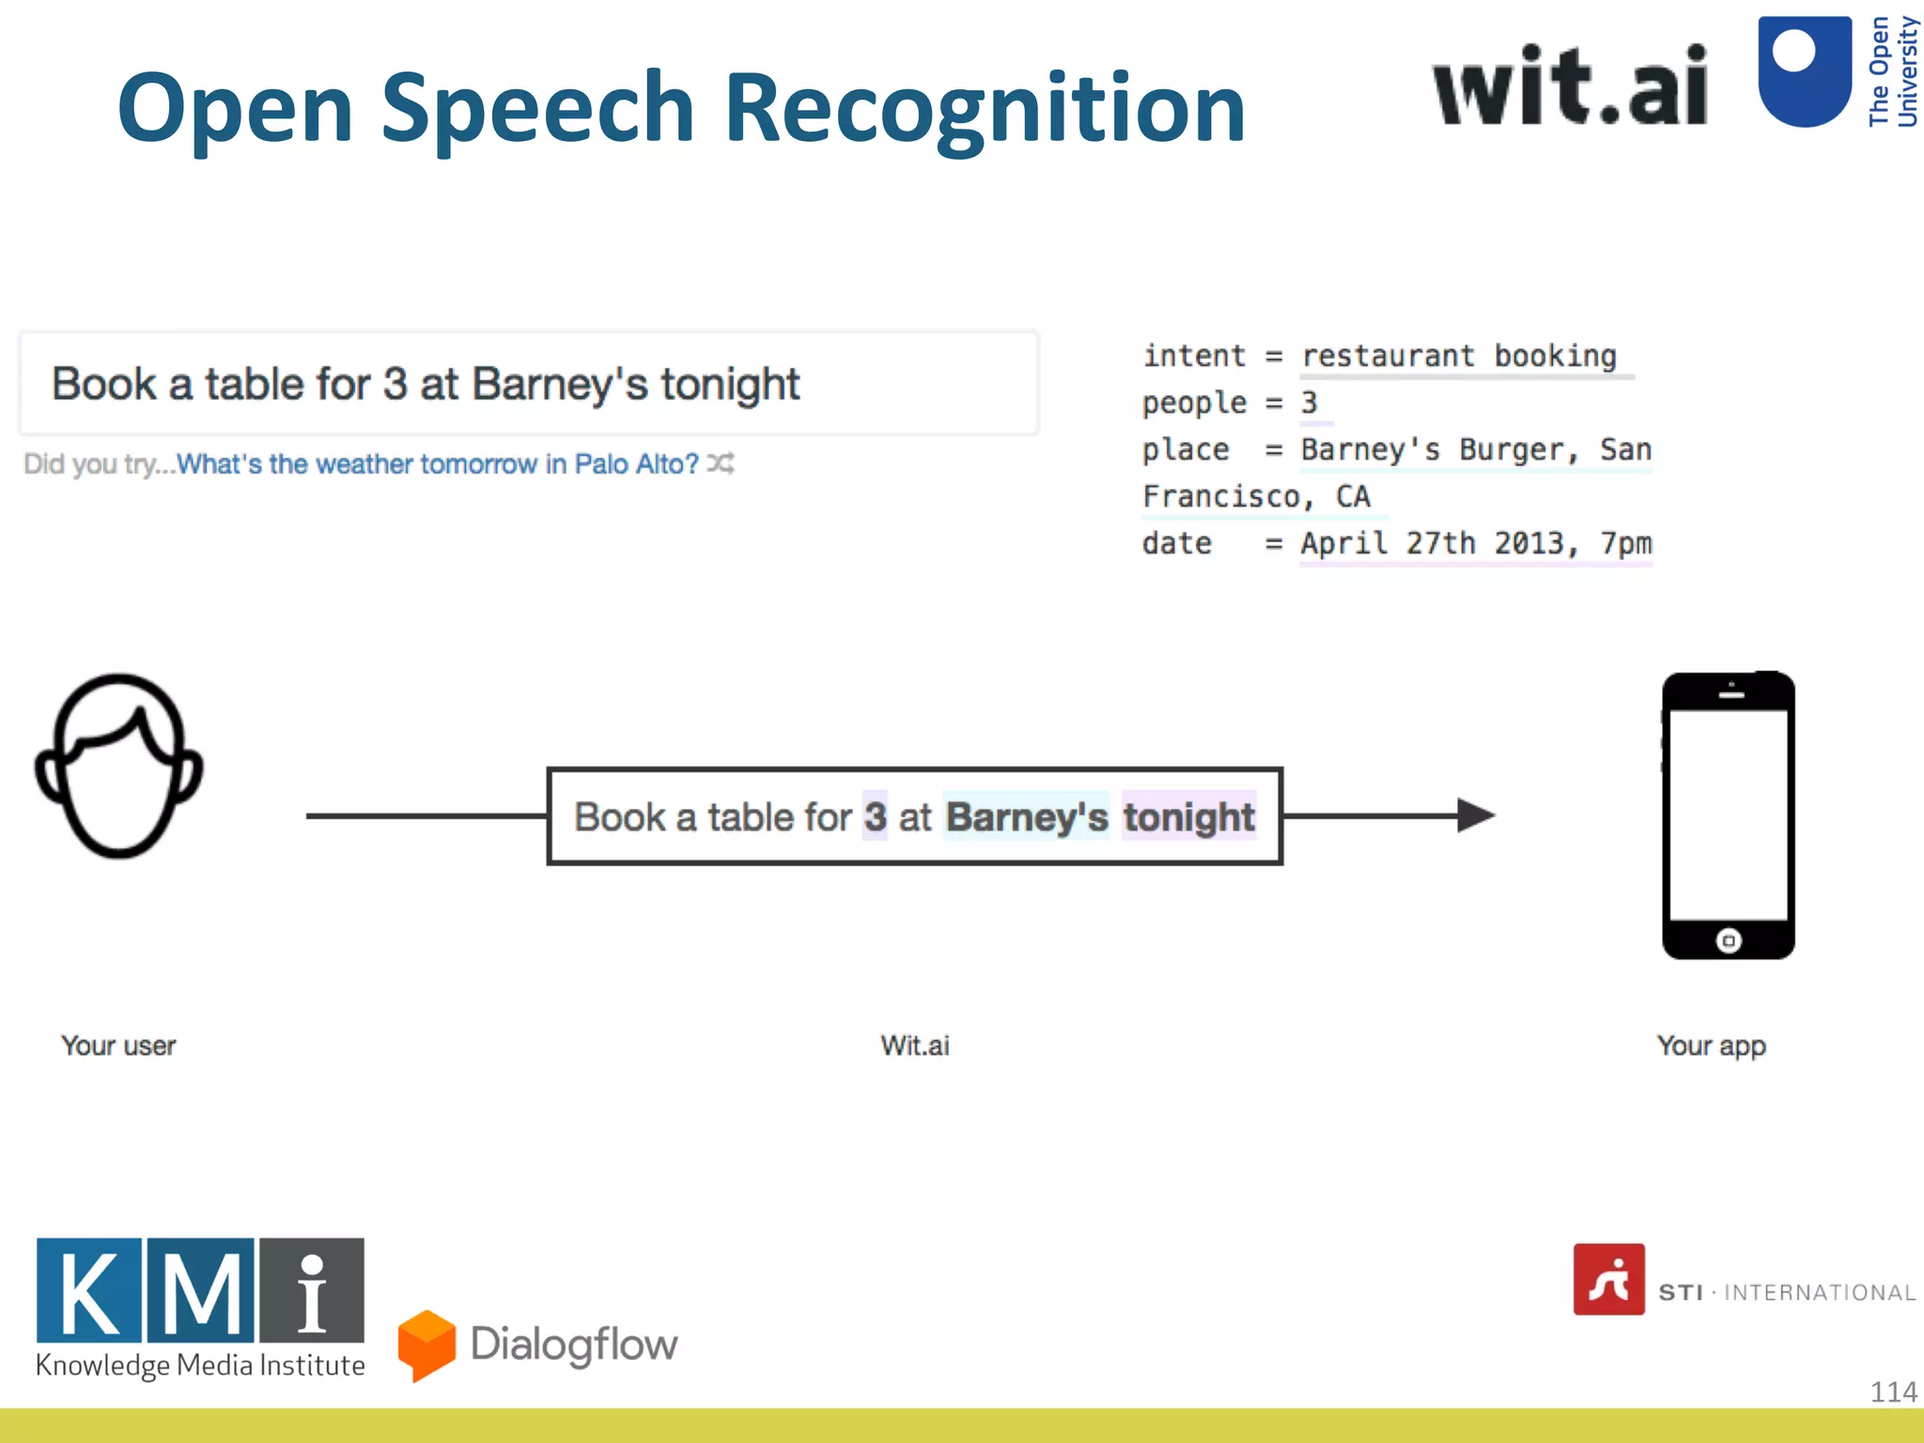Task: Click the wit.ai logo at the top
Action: (x=1570, y=86)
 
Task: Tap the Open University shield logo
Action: (x=1804, y=70)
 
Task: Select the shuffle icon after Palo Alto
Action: (x=721, y=463)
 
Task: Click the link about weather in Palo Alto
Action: (x=438, y=464)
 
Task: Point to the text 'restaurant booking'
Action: (x=1458, y=356)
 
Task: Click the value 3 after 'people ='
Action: (x=1309, y=403)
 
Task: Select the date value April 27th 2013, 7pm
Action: (x=1475, y=544)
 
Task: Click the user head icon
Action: (x=119, y=766)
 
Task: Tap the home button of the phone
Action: (x=1729, y=940)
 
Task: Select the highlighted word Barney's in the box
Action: (x=1027, y=816)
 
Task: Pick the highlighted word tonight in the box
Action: (x=1188, y=816)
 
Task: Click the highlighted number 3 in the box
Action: (x=875, y=816)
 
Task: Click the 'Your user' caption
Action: (x=118, y=1046)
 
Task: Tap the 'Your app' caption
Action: (x=1711, y=1046)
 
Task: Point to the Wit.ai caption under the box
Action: (x=914, y=1046)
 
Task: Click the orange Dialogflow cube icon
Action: (x=427, y=1344)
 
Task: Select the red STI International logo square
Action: (x=1608, y=1280)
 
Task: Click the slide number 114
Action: (x=1892, y=1391)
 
